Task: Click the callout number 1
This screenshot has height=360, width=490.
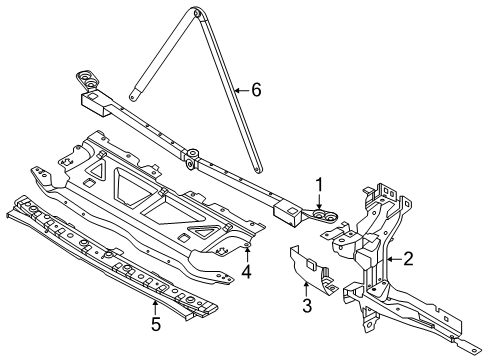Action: [x=319, y=185]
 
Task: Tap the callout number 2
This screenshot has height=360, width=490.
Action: [x=408, y=259]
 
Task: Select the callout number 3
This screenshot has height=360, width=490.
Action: [x=307, y=305]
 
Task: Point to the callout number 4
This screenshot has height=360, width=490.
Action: [x=246, y=272]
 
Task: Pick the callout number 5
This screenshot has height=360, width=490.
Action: [x=156, y=324]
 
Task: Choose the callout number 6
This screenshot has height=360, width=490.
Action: [x=256, y=90]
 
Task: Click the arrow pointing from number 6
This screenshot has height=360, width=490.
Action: [x=242, y=90]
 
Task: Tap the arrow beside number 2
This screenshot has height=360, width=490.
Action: [x=394, y=259]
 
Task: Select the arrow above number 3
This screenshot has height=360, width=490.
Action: [x=306, y=288]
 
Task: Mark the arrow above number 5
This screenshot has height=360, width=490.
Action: [x=155, y=307]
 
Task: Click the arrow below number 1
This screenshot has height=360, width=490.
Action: [x=319, y=202]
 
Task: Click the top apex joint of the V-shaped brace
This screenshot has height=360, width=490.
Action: [x=196, y=12]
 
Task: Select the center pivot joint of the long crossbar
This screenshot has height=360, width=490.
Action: [x=192, y=158]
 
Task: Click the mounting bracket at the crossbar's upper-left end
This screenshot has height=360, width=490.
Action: [x=87, y=81]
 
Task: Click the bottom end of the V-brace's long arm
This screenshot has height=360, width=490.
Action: [x=257, y=170]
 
